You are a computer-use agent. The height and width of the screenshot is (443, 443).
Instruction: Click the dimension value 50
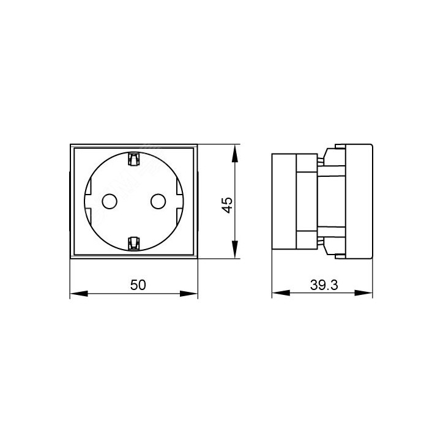(138, 285)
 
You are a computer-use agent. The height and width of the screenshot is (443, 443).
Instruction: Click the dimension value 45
(227, 205)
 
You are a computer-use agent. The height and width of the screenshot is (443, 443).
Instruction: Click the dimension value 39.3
(324, 285)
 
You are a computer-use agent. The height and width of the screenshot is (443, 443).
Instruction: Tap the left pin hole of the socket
(110, 201)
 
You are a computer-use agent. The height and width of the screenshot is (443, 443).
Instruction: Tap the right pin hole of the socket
(158, 201)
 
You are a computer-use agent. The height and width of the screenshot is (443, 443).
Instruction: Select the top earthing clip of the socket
(133, 159)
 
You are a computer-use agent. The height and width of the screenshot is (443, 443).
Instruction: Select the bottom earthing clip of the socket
(133, 244)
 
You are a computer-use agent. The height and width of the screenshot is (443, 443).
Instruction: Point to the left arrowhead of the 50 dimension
(79, 294)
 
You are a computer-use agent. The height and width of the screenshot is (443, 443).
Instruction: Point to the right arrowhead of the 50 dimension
(188, 294)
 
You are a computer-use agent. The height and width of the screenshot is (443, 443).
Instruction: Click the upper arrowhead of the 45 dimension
(235, 154)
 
